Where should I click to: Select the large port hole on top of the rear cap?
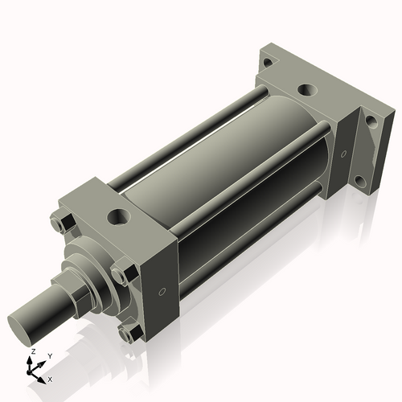[306, 90]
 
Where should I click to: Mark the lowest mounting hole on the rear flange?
[361, 181]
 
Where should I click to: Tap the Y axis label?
[49, 356]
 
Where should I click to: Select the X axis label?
[51, 378]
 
